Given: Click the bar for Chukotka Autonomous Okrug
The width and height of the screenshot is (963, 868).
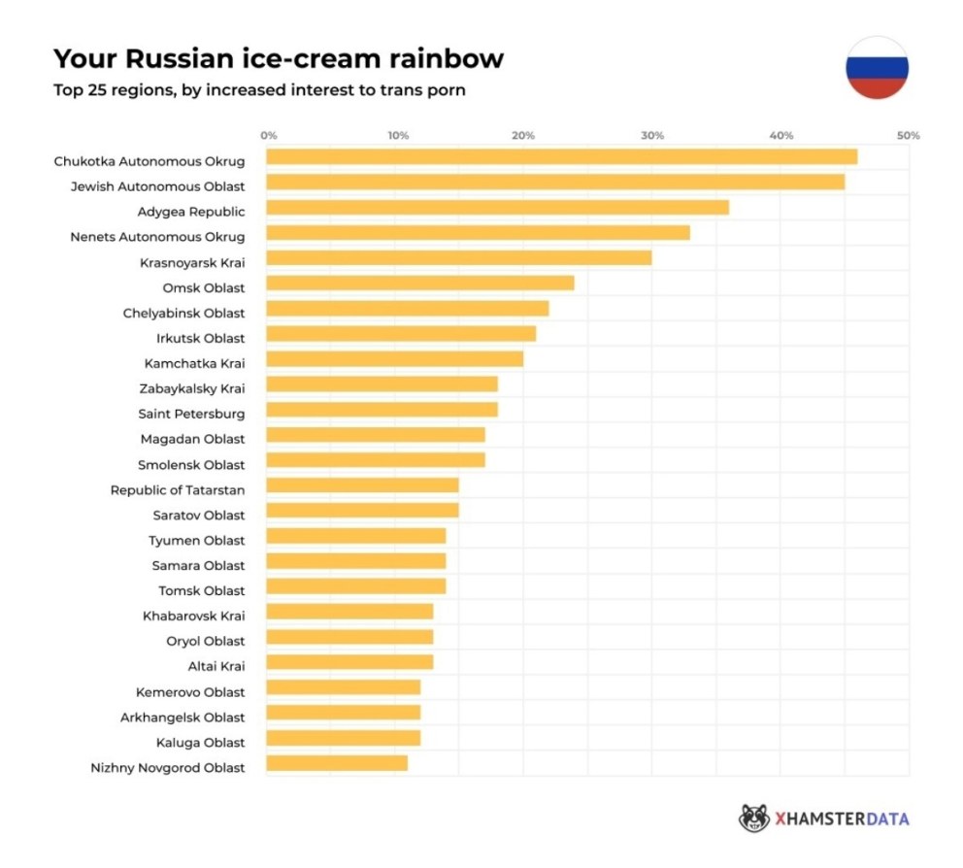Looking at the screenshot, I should (561, 157).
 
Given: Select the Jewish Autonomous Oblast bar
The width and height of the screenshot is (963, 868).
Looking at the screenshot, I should (555, 183).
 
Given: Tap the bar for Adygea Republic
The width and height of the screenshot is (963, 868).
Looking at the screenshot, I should (497, 208).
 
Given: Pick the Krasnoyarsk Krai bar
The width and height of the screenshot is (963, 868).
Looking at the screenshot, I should (458, 258).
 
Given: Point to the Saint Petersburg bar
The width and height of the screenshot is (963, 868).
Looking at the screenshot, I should (382, 410).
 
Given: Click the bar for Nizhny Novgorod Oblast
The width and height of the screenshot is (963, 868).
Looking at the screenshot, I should (337, 763).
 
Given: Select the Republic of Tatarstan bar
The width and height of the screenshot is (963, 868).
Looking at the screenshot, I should (362, 485).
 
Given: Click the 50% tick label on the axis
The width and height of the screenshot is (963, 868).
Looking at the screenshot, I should (908, 136).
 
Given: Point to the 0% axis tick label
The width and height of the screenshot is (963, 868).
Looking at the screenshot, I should (269, 136).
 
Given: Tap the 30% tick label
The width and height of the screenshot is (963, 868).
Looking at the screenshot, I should (652, 136).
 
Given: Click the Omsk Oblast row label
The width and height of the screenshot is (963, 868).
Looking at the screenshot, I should (204, 287).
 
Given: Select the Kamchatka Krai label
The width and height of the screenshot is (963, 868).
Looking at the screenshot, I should (194, 363).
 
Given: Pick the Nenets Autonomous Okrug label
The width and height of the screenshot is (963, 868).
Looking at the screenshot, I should (157, 237).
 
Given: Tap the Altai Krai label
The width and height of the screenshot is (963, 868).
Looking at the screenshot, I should (216, 666).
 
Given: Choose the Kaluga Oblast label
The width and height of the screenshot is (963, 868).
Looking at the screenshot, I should (200, 742).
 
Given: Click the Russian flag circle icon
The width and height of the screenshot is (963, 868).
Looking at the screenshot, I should (877, 67).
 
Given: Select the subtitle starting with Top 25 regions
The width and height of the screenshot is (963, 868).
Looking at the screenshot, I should (259, 92).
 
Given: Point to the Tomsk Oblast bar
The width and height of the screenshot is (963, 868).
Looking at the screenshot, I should (355, 586).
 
